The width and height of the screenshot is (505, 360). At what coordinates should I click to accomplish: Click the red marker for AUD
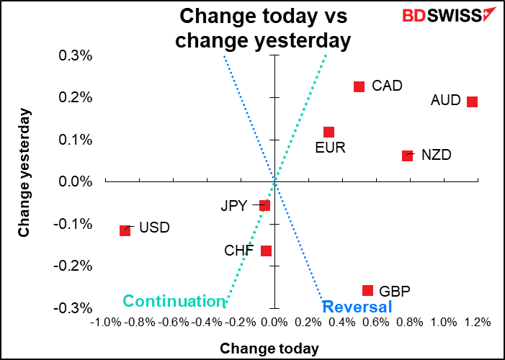tap(473, 102)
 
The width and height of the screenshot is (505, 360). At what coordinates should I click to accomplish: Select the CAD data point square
tap(359, 86)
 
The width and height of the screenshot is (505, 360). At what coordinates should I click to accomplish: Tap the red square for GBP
tap(367, 291)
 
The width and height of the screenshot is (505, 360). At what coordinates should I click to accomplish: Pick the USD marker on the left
tap(125, 230)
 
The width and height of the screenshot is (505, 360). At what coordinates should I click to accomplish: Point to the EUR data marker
tap(329, 132)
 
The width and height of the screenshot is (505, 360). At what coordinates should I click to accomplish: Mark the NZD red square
tap(407, 156)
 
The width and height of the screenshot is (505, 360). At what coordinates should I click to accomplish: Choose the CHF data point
tap(266, 251)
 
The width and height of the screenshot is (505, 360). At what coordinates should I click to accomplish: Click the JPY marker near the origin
tap(264, 206)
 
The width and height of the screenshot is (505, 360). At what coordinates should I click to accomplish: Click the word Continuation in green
tap(174, 301)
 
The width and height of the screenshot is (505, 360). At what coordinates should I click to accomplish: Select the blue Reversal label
tap(357, 307)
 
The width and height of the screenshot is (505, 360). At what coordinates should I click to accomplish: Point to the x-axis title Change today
tap(269, 348)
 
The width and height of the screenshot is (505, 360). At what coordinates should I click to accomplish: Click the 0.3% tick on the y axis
tap(76, 55)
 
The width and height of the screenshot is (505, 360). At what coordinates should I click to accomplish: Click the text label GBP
tap(394, 292)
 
